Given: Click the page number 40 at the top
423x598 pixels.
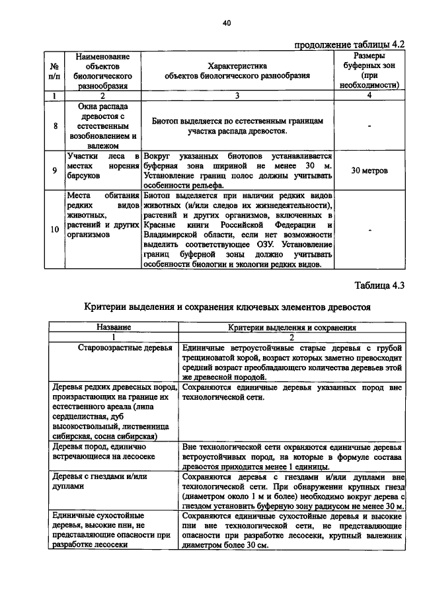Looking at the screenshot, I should click(x=226, y=23).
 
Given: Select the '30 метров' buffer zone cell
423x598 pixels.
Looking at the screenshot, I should click(x=369, y=170).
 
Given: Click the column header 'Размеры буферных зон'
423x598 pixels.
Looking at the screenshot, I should click(x=369, y=71).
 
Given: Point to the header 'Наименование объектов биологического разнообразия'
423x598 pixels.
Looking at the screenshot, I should click(x=102, y=71).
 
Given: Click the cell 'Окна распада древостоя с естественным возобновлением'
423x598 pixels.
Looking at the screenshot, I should click(x=102, y=126).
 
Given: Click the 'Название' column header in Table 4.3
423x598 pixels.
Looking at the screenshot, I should click(x=114, y=326).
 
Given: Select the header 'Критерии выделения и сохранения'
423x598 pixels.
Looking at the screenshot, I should click(x=293, y=326).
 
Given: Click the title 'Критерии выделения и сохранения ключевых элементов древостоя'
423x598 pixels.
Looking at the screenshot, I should click(x=229, y=307).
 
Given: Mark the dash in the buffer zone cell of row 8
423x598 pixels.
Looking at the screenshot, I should click(x=369, y=126).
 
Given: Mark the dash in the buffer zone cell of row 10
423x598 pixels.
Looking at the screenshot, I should click(x=369, y=230).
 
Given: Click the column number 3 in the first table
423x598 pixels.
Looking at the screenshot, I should click(x=237, y=96).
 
